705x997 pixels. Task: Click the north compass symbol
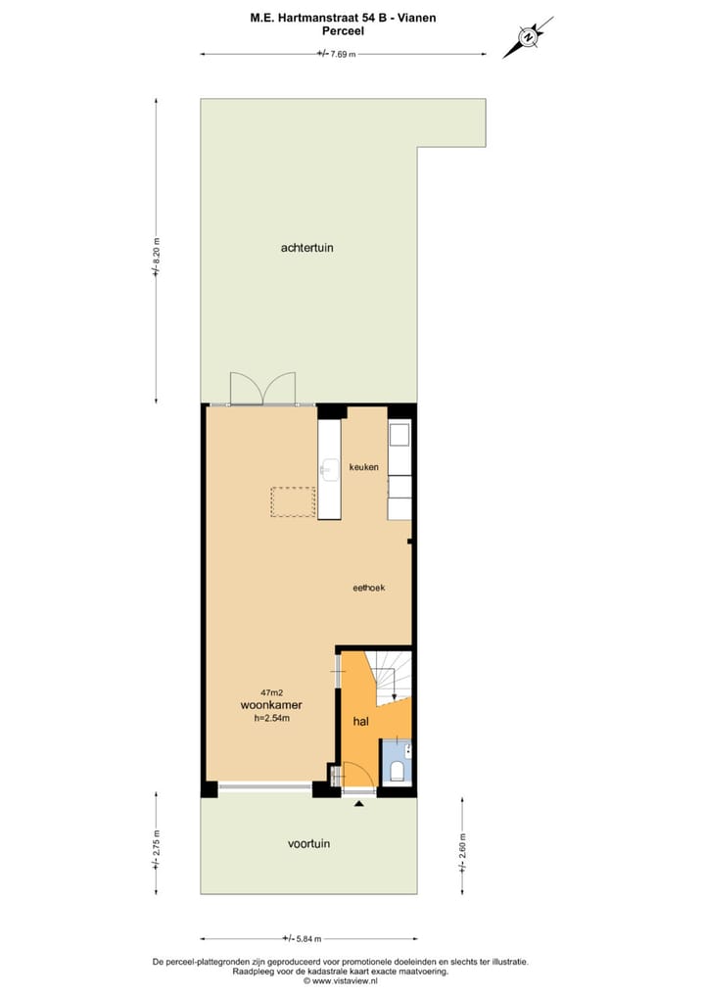pyautogui.click(x=529, y=38)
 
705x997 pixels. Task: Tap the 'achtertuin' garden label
pyautogui.click(x=306, y=248)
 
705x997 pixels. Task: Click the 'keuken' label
pyautogui.click(x=363, y=467)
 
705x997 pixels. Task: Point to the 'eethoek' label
pyautogui.click(x=368, y=588)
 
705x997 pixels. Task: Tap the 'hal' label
pyautogui.click(x=360, y=722)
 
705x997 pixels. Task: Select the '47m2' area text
pyautogui.click(x=271, y=691)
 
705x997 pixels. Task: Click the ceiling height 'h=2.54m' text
pyautogui.click(x=271, y=718)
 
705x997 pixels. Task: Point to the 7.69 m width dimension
pyautogui.click(x=337, y=54)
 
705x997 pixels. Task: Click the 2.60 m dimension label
pyautogui.click(x=462, y=844)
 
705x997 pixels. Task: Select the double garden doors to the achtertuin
pyautogui.click(x=262, y=389)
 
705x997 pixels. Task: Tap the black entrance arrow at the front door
pyautogui.click(x=359, y=803)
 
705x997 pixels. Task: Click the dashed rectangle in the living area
pyautogui.click(x=294, y=502)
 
